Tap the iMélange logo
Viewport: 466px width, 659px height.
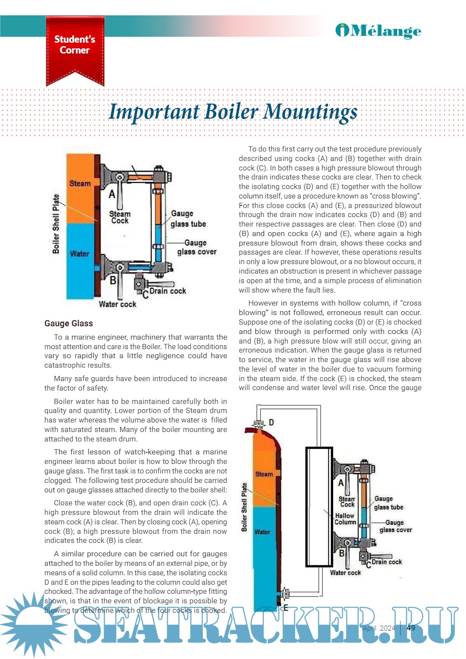pos(378,31)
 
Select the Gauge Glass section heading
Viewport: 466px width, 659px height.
pos(69,323)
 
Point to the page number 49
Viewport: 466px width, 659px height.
pos(411,628)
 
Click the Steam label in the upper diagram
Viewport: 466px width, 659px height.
pos(80,183)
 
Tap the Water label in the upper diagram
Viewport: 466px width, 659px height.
pos(80,254)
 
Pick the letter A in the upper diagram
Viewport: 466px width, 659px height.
pos(112,194)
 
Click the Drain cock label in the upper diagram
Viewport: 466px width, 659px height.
pos(167,291)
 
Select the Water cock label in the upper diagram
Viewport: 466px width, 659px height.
pos(117,304)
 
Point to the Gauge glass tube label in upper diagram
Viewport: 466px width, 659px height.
pos(188,219)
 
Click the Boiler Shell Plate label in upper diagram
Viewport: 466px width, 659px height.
pos(56,224)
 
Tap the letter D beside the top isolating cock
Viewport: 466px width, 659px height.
pos(271,422)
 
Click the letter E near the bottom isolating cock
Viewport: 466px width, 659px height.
pos(286,608)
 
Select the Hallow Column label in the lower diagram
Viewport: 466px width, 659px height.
pos(345,519)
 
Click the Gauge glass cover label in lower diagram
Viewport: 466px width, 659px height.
pos(395,526)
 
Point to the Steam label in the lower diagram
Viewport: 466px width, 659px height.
pos(264,474)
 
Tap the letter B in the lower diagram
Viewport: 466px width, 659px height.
pos(342,553)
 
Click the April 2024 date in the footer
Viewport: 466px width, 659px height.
pos(379,628)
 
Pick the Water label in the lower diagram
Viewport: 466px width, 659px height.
pos(262,532)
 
